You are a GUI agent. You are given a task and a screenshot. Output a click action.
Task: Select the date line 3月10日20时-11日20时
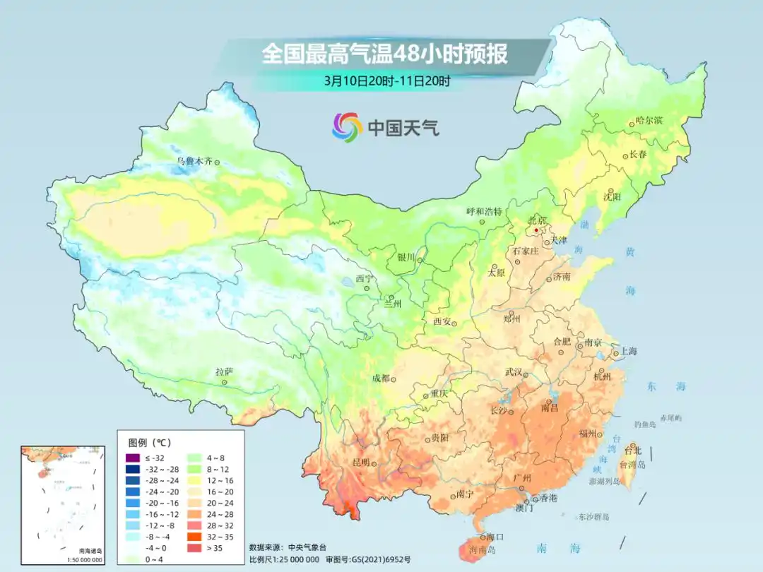(x=387, y=81)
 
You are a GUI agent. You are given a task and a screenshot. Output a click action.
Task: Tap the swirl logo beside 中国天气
(x=347, y=127)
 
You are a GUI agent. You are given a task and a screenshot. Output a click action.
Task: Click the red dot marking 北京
(x=536, y=230)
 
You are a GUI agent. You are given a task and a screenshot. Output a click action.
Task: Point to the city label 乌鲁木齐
(x=194, y=162)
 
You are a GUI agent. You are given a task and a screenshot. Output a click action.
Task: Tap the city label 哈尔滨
(x=649, y=121)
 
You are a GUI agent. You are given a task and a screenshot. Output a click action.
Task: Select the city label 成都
(x=381, y=379)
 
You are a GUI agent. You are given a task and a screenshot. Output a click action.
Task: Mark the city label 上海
(x=629, y=352)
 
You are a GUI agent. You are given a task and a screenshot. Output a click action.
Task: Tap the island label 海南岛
(x=483, y=549)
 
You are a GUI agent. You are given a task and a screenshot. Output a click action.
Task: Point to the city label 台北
(x=633, y=450)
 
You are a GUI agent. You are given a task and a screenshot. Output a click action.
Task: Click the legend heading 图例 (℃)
(x=149, y=443)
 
